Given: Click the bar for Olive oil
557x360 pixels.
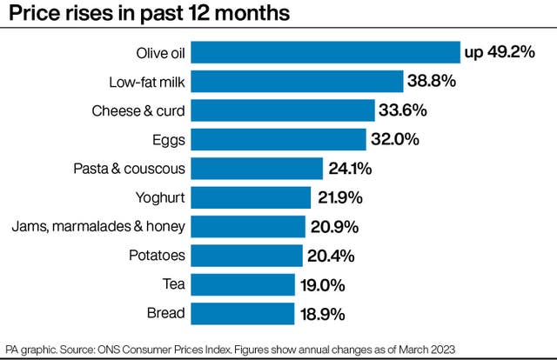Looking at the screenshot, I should point(325,52).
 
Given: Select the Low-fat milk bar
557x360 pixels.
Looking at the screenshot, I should point(297,82).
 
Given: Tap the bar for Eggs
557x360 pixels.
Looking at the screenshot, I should point(278,139).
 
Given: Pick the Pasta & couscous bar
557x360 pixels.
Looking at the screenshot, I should point(257,168).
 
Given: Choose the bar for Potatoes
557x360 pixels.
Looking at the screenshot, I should point(246,256).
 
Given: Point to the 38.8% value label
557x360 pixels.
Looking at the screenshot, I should point(432,82).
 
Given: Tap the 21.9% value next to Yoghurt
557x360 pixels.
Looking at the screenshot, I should point(339,197).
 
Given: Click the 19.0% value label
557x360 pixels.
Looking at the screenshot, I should point(324,285).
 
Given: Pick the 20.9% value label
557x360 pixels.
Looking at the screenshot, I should point(336,227).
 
